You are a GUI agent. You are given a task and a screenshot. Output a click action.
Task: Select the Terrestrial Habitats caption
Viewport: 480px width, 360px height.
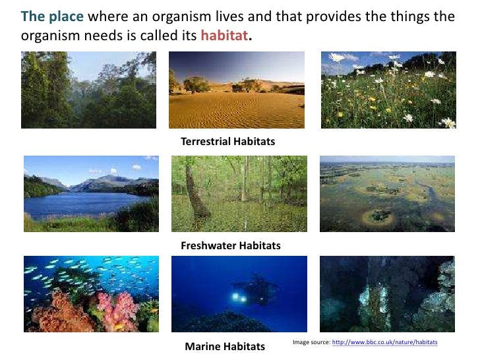coord(227,141)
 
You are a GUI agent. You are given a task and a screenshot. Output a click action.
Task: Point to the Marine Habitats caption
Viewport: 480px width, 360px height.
coord(225,346)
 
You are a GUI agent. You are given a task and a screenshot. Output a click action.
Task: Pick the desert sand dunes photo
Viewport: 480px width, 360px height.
coord(236,90)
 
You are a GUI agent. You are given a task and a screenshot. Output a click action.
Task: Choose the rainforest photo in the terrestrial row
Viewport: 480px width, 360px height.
coord(88,90)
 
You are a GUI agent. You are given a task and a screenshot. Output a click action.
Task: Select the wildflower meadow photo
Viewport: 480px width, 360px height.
coord(388,90)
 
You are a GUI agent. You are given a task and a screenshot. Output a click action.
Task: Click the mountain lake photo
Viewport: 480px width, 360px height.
coord(91,193)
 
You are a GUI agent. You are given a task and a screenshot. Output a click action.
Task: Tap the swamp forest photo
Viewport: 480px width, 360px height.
coord(239,193)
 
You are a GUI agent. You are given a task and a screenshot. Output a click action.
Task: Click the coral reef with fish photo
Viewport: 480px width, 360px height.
coord(91,293)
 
